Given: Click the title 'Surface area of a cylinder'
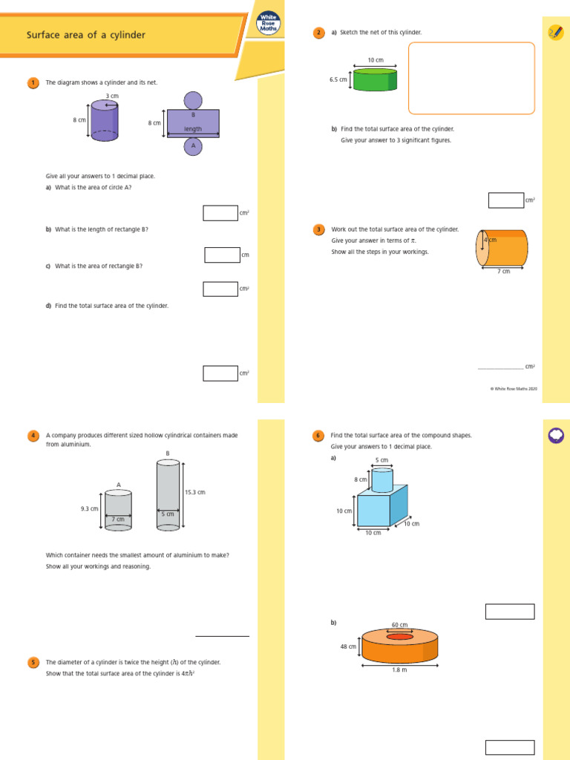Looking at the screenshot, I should tap(86, 35).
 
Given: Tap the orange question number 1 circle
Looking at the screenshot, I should tap(33, 82).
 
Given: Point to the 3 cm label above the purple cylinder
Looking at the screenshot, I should tap(112, 96).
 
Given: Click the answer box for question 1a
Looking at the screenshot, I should tap(220, 213).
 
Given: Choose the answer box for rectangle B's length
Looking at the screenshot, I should tap(222, 255).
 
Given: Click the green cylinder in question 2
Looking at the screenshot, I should tap(375, 80).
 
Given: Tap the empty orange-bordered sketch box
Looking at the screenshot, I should tap(471, 78).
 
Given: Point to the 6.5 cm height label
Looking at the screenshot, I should tap(338, 79).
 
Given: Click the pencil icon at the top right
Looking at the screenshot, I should tap(554, 32).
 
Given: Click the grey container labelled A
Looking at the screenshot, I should tap(118, 511).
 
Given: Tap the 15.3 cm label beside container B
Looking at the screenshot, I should tap(194, 492).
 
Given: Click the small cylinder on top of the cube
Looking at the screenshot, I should tap(381, 479).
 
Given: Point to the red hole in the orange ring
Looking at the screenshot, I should tap(399, 637).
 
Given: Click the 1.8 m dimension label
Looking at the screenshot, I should tap(400, 670).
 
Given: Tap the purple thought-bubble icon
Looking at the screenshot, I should tap(555, 436).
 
